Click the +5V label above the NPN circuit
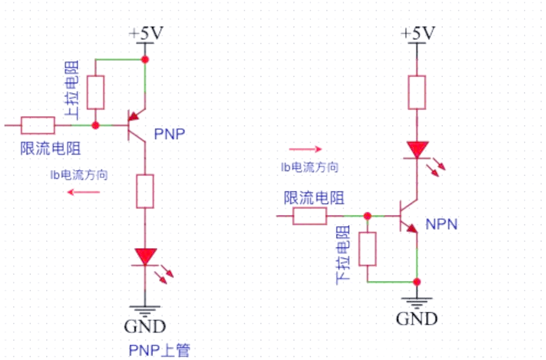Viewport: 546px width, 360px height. [x=418, y=34]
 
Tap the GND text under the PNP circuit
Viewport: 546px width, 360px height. [x=145, y=327]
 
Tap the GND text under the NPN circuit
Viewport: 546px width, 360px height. [x=417, y=318]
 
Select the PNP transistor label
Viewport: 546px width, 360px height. [x=170, y=135]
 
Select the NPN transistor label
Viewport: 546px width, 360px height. [x=441, y=225]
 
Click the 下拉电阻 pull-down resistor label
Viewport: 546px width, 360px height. [x=343, y=256]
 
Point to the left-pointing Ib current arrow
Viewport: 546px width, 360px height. [x=84, y=192]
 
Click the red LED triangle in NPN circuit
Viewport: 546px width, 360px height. [x=417, y=150]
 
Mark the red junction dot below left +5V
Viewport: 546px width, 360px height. [x=145, y=60]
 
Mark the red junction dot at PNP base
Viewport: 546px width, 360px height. [x=95, y=125]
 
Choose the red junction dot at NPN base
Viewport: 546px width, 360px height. [x=367, y=216]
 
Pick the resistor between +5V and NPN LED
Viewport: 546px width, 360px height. [x=417, y=93]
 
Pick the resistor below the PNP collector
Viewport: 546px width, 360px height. [x=145, y=191]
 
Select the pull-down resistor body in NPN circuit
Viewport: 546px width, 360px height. [x=368, y=249]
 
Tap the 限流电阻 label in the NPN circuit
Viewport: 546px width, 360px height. [x=314, y=198]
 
